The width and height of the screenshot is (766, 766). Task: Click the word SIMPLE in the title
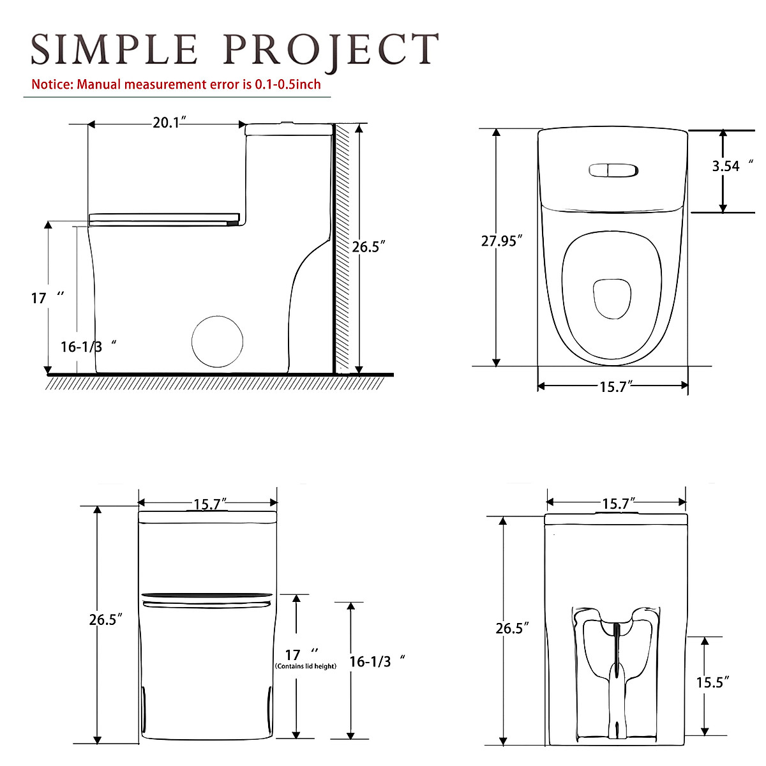(x=114, y=50)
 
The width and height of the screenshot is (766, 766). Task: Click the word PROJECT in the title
(x=331, y=50)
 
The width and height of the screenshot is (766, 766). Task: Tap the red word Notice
(x=52, y=84)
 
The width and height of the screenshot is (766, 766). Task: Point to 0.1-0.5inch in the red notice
(x=288, y=84)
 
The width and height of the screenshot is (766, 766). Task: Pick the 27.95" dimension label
(x=502, y=241)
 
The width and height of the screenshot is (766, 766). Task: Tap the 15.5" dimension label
(x=712, y=682)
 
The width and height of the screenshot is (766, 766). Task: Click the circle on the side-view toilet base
(x=218, y=342)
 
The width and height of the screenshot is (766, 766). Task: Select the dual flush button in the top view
(x=613, y=170)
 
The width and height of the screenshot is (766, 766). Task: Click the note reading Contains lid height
(x=306, y=666)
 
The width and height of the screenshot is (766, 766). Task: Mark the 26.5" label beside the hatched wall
(x=369, y=246)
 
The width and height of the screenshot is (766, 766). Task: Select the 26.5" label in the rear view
(x=512, y=628)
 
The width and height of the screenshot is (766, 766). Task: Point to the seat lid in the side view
(x=165, y=219)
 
